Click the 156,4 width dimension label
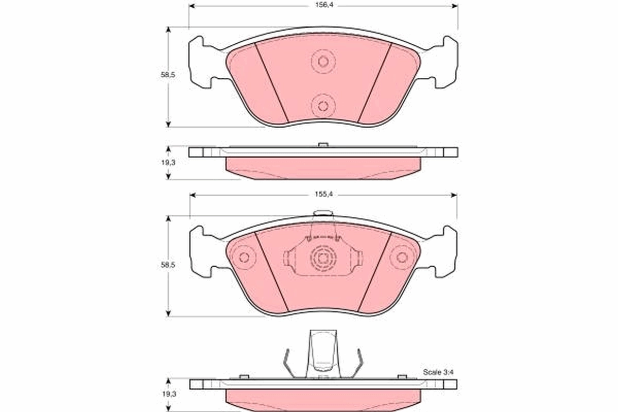pos(323,6)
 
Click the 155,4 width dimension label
pos(323,195)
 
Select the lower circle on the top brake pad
pos(323,107)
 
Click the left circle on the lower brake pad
pos(244,257)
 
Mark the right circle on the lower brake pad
pos(402,257)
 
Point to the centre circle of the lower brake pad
pos(323,257)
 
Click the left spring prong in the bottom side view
pos(288,363)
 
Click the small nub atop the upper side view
pos(323,145)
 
